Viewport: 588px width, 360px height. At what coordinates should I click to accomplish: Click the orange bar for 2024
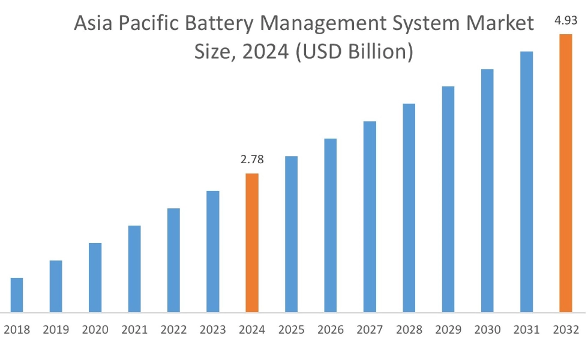tap(252, 242)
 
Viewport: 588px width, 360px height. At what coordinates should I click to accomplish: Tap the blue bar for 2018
tap(17, 295)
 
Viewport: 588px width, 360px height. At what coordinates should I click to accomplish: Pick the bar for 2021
tap(134, 269)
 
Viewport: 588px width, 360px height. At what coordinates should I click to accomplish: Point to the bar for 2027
tap(370, 217)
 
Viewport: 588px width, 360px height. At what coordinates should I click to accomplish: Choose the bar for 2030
tap(487, 190)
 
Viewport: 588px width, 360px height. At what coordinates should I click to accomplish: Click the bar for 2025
tap(291, 234)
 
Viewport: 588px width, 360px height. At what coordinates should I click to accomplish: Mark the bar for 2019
tap(56, 286)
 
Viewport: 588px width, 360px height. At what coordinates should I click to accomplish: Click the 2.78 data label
tap(252, 160)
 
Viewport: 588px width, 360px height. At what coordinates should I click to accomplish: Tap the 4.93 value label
tap(565, 21)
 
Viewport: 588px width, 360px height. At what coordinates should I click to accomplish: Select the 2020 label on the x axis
tap(95, 329)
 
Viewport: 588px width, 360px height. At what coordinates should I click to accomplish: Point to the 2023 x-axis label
tap(212, 329)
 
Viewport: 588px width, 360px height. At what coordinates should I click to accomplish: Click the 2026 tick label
tap(331, 329)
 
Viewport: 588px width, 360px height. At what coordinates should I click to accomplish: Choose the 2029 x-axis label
tap(448, 329)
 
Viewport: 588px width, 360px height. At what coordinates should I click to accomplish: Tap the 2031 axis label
tap(526, 329)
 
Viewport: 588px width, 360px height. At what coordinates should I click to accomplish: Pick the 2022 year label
tap(173, 329)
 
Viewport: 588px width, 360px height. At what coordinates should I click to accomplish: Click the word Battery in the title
tap(214, 25)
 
